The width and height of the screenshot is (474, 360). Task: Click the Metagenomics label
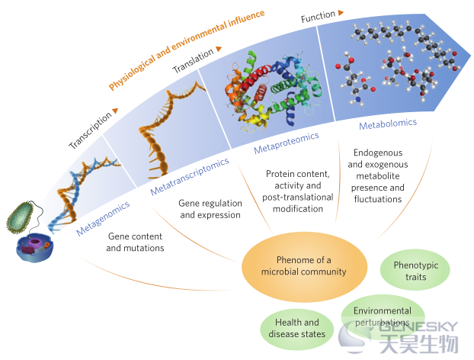(103, 218)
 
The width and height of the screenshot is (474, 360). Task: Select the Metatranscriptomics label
(190, 176)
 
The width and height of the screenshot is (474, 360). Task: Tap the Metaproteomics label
(287, 143)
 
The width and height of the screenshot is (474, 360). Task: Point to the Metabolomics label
(388, 124)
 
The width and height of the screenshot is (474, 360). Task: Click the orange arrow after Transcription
(115, 111)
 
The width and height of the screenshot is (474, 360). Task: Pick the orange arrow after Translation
(219, 49)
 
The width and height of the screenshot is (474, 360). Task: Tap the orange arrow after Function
(341, 12)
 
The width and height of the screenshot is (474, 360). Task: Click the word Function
(318, 16)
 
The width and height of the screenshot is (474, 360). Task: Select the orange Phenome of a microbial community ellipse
(304, 267)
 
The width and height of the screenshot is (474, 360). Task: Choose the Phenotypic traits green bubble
(415, 270)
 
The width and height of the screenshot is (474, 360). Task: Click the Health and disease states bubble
(297, 329)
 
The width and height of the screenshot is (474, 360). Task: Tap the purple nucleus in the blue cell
(35, 243)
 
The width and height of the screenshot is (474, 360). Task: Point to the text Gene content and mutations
(135, 242)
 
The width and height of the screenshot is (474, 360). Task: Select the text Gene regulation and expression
(210, 209)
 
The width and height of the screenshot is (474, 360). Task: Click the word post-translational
(298, 198)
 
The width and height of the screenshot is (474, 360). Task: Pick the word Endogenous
(378, 153)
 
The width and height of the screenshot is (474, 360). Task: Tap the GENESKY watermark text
(418, 326)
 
